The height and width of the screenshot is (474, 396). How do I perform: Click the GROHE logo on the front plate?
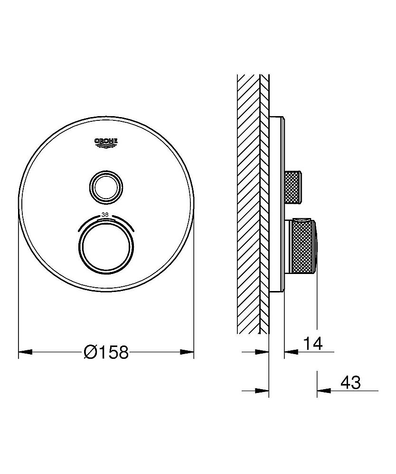tap(106, 143)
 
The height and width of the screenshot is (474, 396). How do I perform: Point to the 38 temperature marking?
tap(105, 215)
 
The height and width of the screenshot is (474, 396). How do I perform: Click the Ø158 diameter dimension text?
tap(106, 352)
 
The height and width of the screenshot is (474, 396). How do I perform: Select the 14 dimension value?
tap(313, 343)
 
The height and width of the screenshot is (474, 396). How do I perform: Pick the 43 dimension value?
tap(350, 383)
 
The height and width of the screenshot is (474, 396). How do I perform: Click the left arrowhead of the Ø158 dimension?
tap(26, 352)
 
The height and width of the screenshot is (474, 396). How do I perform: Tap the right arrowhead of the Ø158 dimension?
tap(187, 352)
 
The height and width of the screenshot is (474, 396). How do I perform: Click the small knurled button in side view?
tap(293, 187)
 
